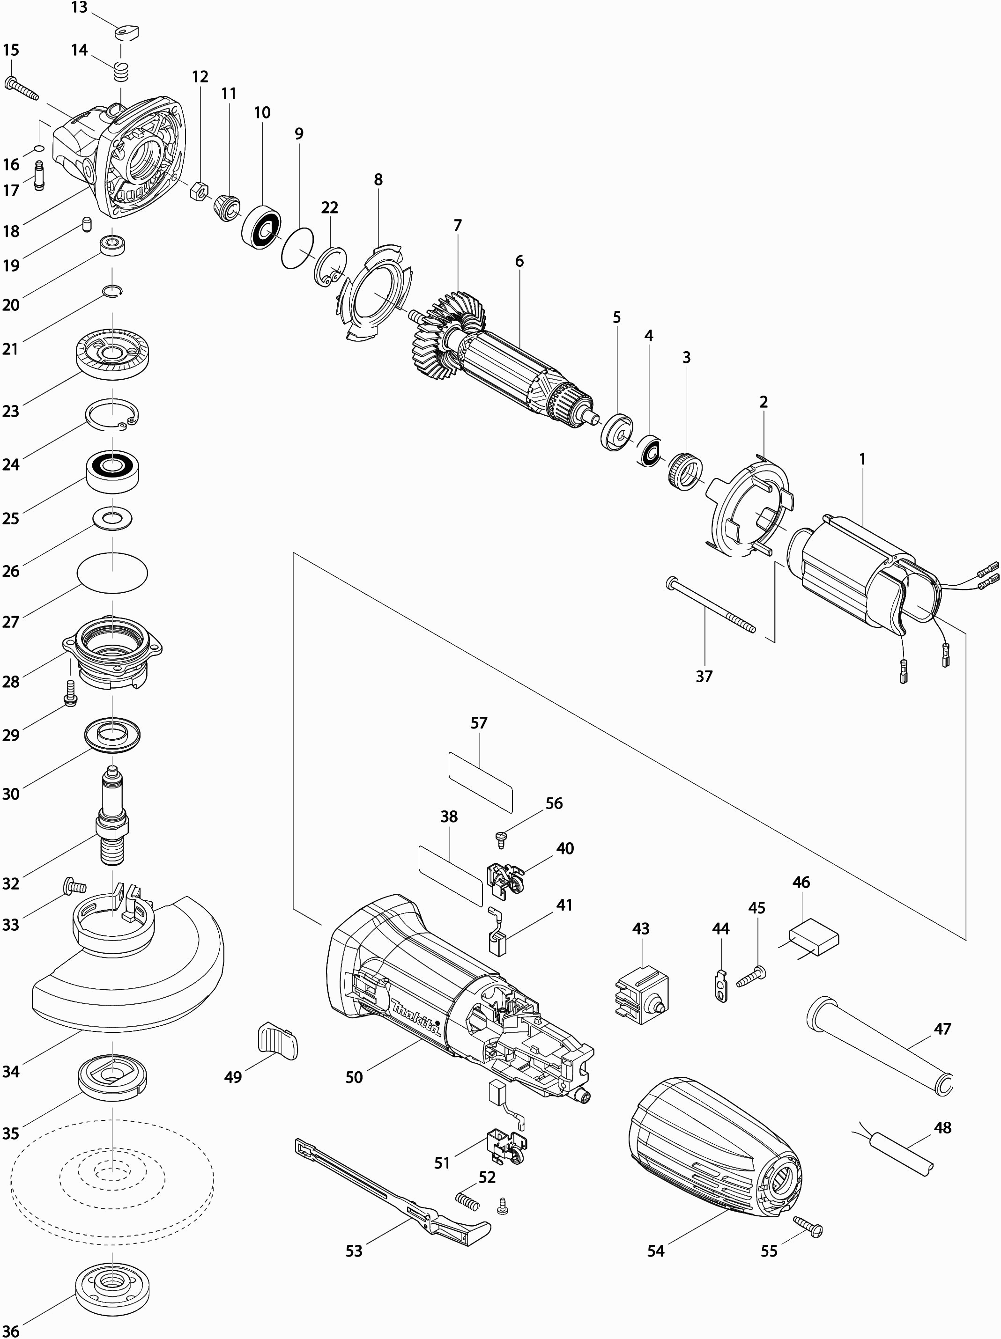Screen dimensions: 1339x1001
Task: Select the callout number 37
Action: click(x=704, y=676)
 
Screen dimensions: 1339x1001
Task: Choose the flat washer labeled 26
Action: click(x=112, y=519)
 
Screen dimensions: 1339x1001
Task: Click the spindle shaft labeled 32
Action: click(x=112, y=816)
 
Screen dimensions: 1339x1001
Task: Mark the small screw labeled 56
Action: click(x=500, y=839)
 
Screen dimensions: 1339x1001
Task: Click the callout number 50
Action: click(x=354, y=1077)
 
